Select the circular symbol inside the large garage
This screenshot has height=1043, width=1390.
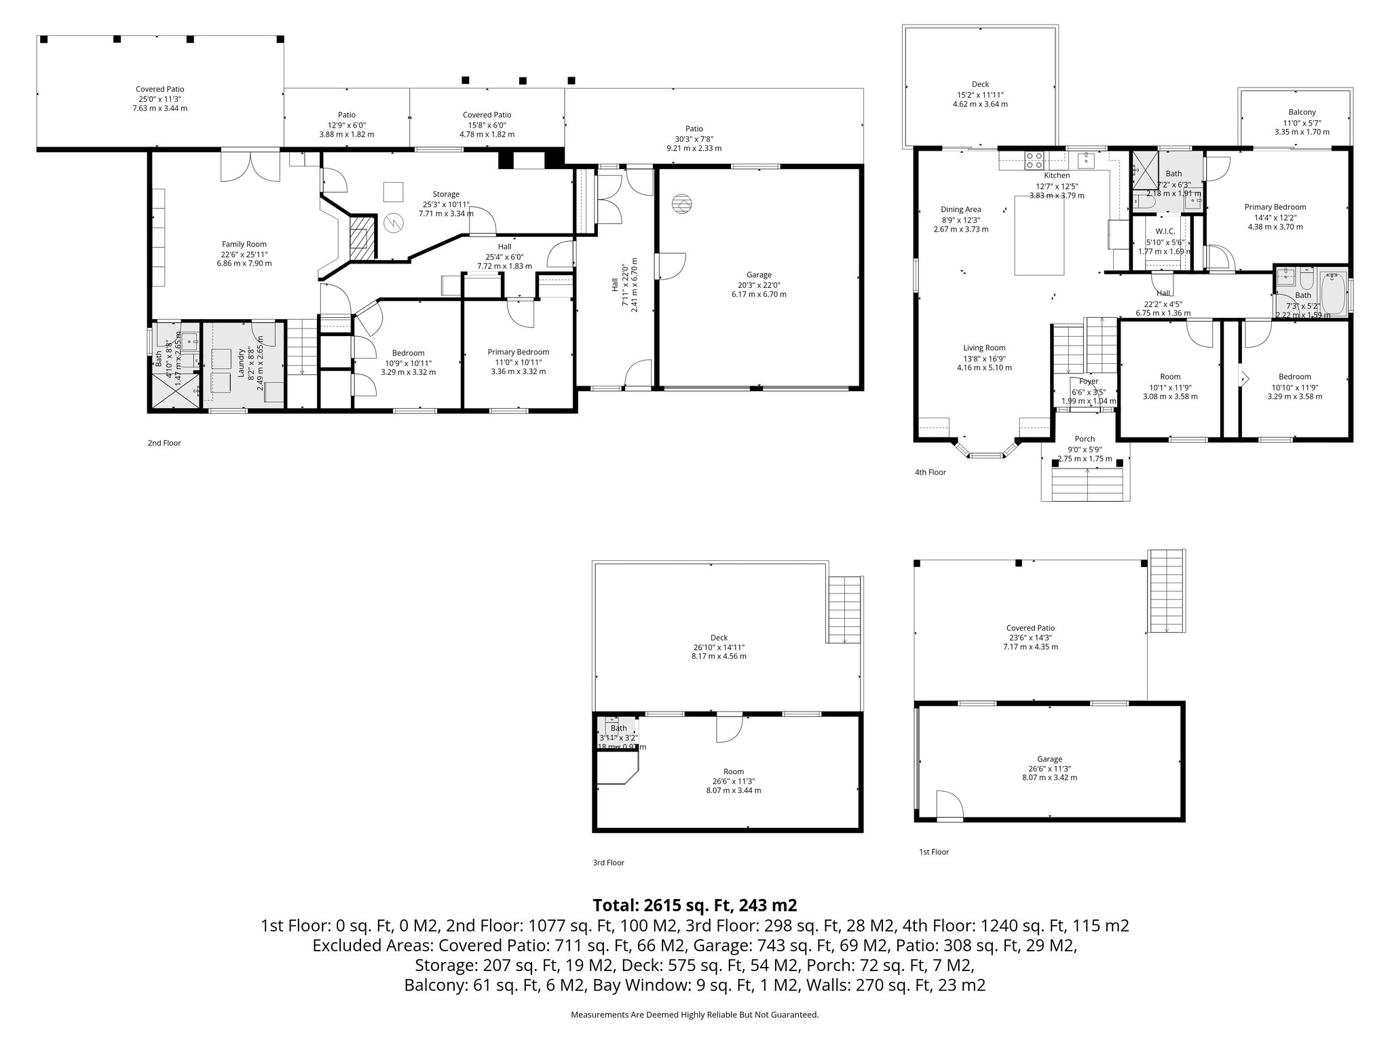tap(682, 204)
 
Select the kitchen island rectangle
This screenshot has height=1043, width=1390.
tap(1039, 235)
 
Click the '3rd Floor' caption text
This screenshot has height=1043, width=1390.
tap(608, 863)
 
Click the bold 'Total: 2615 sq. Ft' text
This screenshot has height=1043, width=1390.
tap(694, 905)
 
